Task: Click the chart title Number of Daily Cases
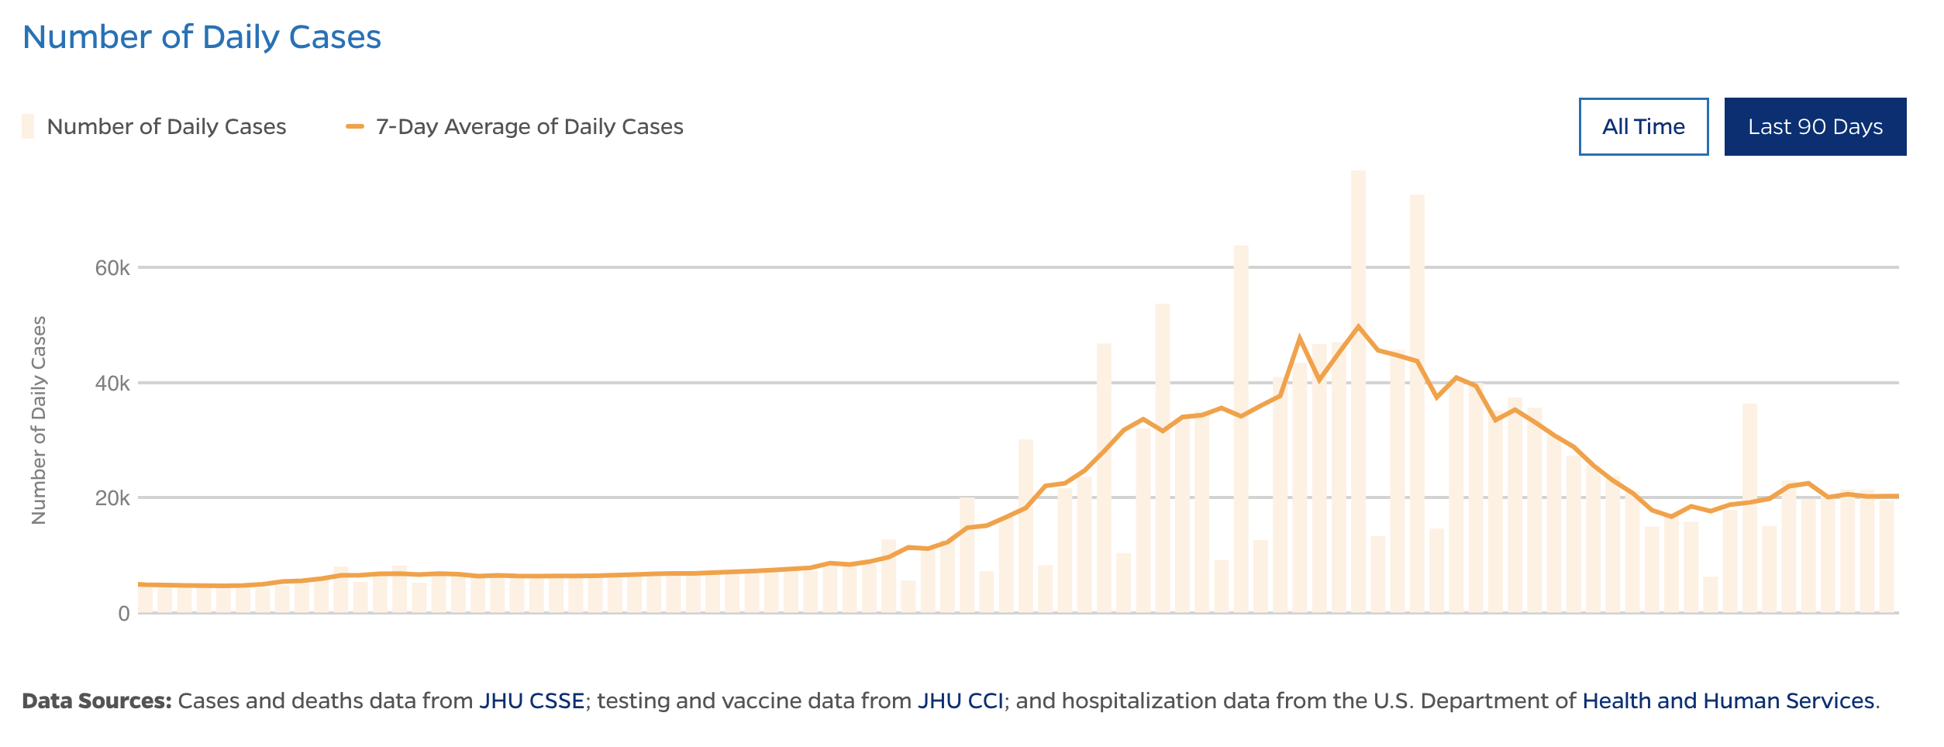point(202,37)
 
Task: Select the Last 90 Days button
point(1815,126)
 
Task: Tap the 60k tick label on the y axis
point(112,268)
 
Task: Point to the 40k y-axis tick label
point(112,384)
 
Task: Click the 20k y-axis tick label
point(112,498)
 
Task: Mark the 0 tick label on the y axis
point(124,614)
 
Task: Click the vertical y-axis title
point(39,420)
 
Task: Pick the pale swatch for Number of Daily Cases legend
point(28,126)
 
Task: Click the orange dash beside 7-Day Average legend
point(355,126)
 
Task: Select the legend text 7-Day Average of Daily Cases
point(529,126)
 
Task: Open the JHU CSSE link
point(532,701)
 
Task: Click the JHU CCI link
point(960,701)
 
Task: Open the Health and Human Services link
point(1728,701)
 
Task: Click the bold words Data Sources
point(97,701)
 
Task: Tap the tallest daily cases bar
point(1358,387)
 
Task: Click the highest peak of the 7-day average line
point(1358,327)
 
